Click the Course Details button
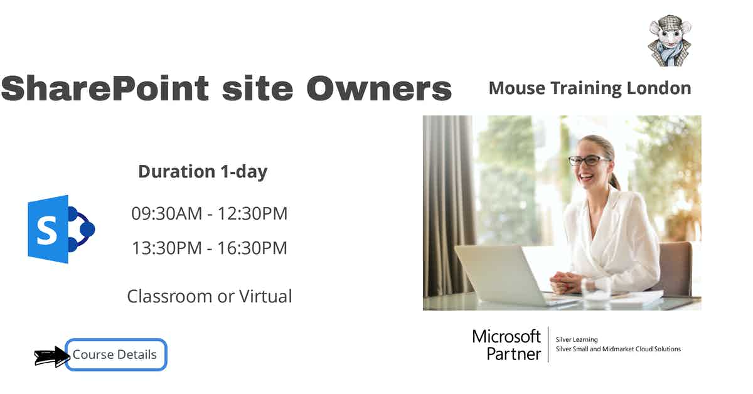[115, 354]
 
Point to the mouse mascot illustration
[669, 41]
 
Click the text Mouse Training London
[589, 88]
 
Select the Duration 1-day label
[203, 171]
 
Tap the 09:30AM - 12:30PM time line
[209, 213]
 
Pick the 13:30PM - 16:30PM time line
[209, 248]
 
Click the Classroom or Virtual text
[209, 296]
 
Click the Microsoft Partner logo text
[507, 344]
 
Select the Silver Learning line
[577, 339]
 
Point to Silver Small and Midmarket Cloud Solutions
[618, 349]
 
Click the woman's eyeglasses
[588, 160]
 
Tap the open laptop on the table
[502, 276]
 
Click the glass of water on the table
[595, 289]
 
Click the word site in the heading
[257, 88]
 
